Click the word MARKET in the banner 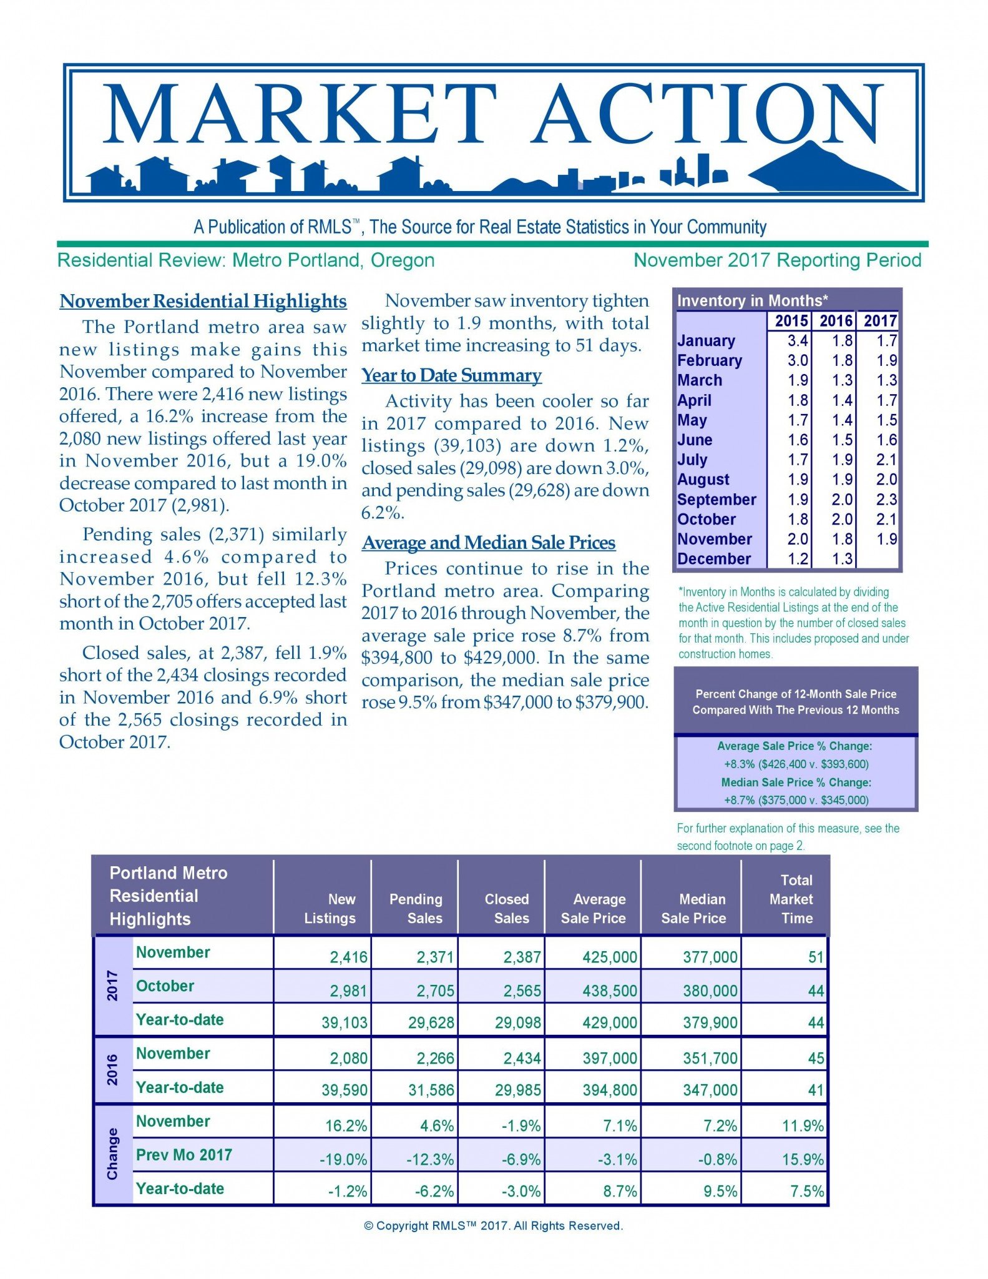click(x=300, y=114)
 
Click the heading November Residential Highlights click(x=203, y=301)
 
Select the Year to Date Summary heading click(x=451, y=375)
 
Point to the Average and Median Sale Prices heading click(x=489, y=543)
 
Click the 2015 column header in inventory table click(x=791, y=321)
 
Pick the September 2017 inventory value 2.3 click(x=886, y=500)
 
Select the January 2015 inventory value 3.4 click(x=797, y=341)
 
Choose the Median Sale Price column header click(x=693, y=909)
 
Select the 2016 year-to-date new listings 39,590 click(x=345, y=1090)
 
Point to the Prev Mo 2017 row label click(x=183, y=1155)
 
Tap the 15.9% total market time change click(x=803, y=1160)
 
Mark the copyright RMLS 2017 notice click(x=493, y=1226)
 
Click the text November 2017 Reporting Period click(x=777, y=260)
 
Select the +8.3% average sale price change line click(x=796, y=764)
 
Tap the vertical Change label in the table click(x=112, y=1154)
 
